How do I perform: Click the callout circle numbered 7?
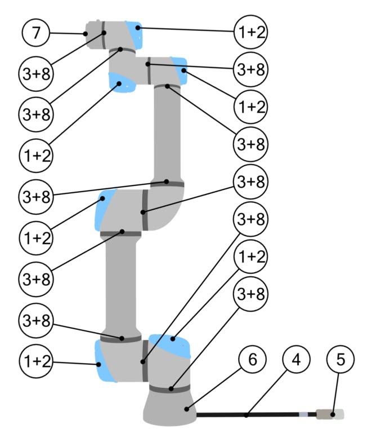point(36,33)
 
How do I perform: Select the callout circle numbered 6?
point(252,359)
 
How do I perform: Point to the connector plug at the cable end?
point(326,415)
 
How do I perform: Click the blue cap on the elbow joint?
point(106,209)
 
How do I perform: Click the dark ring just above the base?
point(169,388)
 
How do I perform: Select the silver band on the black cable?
point(303,415)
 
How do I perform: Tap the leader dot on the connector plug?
point(333,415)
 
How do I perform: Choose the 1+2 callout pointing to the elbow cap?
point(36,237)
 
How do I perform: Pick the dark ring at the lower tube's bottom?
point(120,338)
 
